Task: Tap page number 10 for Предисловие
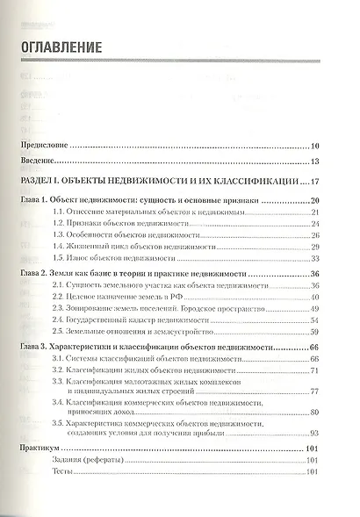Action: coord(315,146)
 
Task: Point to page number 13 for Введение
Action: coord(315,162)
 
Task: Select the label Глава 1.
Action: coord(34,203)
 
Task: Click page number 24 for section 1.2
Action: coord(315,226)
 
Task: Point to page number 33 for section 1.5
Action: coord(315,259)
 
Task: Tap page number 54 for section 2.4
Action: coord(315,321)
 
